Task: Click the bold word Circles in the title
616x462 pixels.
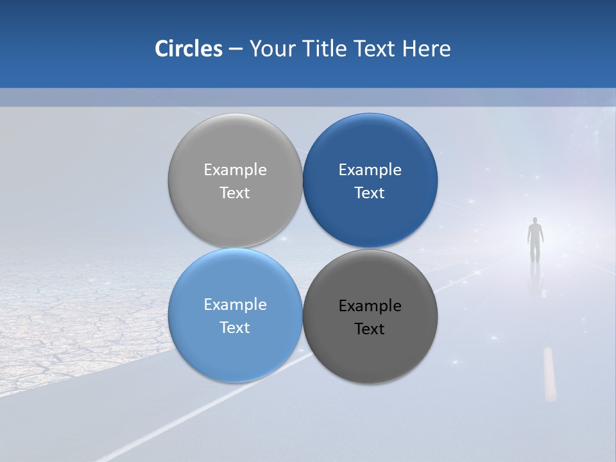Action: (x=189, y=49)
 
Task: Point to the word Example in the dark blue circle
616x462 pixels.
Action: (x=370, y=170)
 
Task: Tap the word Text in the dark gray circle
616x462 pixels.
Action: (x=370, y=329)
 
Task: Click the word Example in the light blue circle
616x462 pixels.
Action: (x=235, y=305)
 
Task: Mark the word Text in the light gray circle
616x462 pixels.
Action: (x=235, y=193)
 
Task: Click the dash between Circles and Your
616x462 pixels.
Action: (x=235, y=49)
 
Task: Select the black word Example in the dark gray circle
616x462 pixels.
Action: (x=370, y=306)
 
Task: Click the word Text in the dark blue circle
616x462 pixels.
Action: (x=370, y=193)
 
